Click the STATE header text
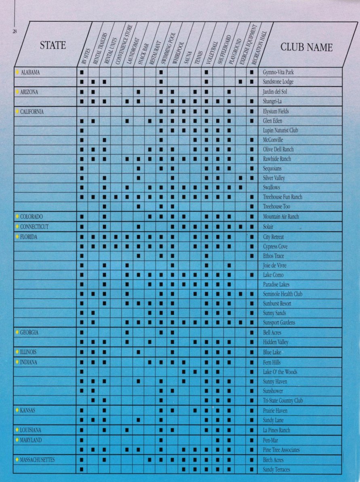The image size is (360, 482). [x=53, y=45]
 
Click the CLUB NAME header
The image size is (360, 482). [x=306, y=47]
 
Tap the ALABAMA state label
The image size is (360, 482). [x=30, y=72]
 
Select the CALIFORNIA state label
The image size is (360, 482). [x=32, y=112]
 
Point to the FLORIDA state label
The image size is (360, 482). [x=29, y=237]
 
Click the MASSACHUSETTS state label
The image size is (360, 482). [x=38, y=460]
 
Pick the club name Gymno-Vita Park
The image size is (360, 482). [x=278, y=72]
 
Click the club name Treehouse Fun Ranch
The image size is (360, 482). [x=282, y=197]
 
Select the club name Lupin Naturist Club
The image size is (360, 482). [x=280, y=131]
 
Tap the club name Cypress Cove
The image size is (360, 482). [x=275, y=246]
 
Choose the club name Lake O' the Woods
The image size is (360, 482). [x=280, y=372]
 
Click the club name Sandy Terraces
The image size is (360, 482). [x=276, y=469]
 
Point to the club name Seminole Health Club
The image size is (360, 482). [x=282, y=294]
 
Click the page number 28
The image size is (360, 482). [x=15, y=32]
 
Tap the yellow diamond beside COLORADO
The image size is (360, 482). [x=17, y=217]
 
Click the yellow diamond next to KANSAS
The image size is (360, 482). [x=17, y=410]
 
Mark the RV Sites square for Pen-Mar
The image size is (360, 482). [x=82, y=440]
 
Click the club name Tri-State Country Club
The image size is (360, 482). [x=283, y=401]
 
